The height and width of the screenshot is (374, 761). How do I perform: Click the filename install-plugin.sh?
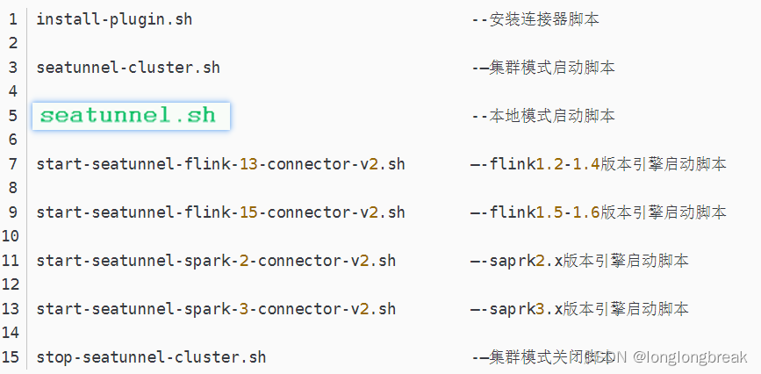coord(114,19)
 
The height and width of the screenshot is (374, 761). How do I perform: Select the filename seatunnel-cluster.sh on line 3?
coord(128,68)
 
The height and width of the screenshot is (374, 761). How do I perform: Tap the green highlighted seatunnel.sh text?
coord(128,116)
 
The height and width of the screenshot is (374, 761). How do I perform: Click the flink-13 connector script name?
coord(220,164)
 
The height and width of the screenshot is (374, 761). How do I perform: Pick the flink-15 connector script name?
coord(220,212)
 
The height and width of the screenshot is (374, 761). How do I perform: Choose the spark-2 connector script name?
coord(216,261)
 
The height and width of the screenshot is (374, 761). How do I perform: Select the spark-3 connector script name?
coord(216,309)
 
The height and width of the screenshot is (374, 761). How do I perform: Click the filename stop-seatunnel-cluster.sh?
coord(151,357)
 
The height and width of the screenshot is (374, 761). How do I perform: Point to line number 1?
coord(13,19)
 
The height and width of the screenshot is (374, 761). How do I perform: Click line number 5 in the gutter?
coord(13,116)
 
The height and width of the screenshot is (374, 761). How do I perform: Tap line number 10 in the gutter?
coord(11,236)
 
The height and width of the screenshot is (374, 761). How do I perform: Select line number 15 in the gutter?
coord(11,357)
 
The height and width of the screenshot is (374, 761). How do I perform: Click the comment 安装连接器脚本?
coord(536,19)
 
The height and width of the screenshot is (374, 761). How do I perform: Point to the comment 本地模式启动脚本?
coord(543,116)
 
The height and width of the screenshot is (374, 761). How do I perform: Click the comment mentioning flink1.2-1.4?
coord(599,164)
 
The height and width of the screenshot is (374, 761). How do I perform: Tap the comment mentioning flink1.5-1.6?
coord(599,212)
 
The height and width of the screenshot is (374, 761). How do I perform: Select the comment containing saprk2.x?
coord(580,261)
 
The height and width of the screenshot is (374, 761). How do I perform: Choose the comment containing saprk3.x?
coord(580,309)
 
